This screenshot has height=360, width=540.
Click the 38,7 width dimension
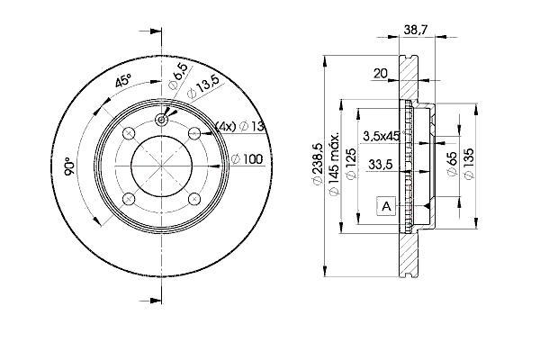pos(415,30)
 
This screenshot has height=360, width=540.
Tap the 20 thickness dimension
pos(380,73)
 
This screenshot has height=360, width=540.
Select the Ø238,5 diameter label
pos(317,164)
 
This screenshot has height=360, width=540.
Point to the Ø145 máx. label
pos(334,164)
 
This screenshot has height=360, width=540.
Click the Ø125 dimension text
pos(351,164)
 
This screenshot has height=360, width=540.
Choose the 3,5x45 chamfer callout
pos(382,136)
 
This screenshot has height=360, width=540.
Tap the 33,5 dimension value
pos(380,165)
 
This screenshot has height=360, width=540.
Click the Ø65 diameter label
pos(452,164)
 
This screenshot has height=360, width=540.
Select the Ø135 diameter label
pos(469,164)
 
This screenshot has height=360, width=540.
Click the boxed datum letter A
pos(387,206)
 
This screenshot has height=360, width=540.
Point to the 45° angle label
pos(123,80)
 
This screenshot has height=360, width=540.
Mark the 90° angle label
pos(69,166)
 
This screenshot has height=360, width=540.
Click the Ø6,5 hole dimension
pos(178,76)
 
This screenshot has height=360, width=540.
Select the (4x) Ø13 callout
pos(239,126)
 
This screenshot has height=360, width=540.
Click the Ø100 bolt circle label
pos(247,159)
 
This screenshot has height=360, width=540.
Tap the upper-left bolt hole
pos(129,133)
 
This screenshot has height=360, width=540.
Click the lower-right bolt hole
pos(195,198)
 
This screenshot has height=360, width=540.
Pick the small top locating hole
pos(161,120)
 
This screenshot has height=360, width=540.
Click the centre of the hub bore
pos(161,166)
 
